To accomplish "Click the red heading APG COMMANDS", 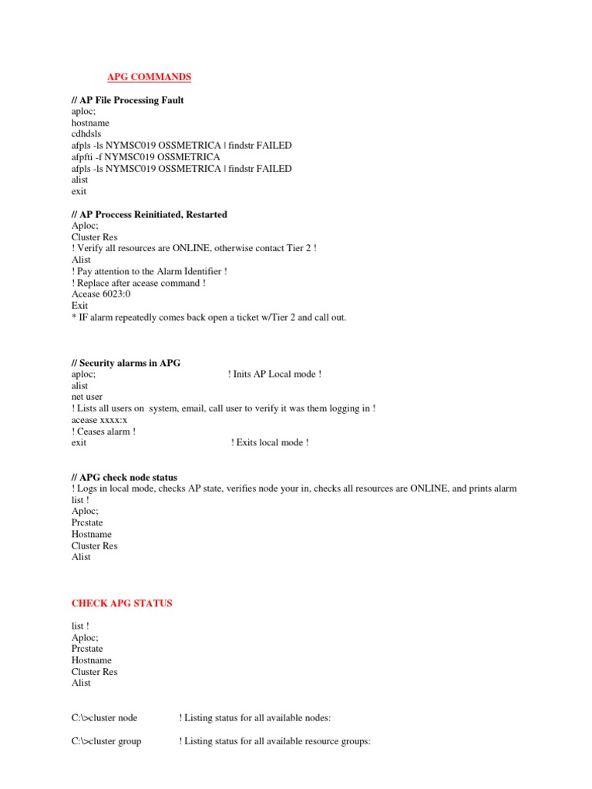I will (148, 77).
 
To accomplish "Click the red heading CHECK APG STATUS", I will (122, 603).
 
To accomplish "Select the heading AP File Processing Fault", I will (127, 100).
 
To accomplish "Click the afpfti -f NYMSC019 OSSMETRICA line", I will (146, 157).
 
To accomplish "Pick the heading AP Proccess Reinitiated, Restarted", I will (149, 214).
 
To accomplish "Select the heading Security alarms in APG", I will (126, 363).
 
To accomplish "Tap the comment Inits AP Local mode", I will (274, 374).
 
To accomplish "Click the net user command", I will (87, 397).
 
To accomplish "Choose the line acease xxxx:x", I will (99, 420).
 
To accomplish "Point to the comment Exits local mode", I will (270, 443).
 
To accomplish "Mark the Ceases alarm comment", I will (103, 431).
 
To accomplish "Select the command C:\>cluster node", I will (104, 718).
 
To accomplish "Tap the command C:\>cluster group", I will (106, 742).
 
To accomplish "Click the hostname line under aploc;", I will (90, 123).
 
